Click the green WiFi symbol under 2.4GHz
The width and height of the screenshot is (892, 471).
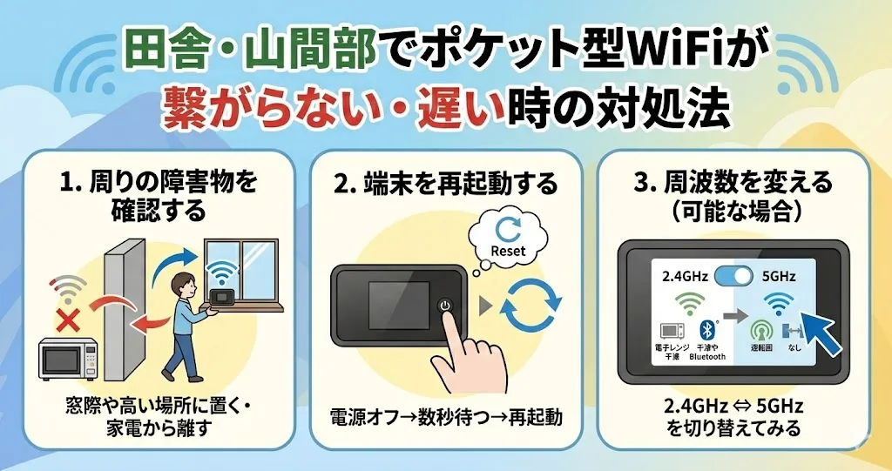point(691,304)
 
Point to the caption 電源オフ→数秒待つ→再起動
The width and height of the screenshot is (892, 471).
point(445,416)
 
